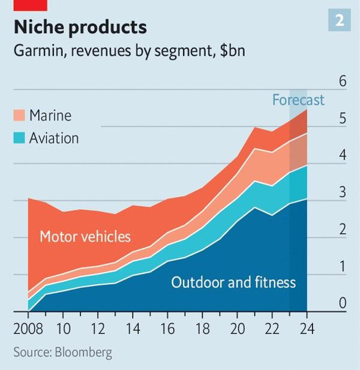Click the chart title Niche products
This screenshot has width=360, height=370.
[80, 28]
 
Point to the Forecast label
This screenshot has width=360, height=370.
[298, 100]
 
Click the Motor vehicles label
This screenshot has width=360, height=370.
[85, 236]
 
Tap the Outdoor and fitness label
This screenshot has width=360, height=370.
[233, 282]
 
